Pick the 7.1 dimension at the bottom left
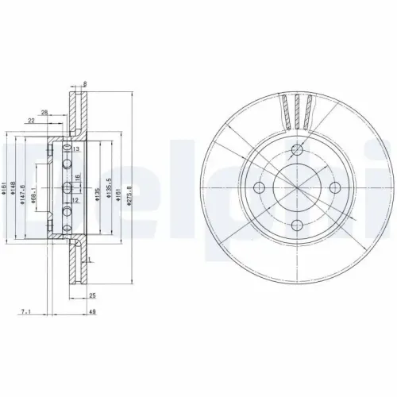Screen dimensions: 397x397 pyautogui.click(x=26, y=312)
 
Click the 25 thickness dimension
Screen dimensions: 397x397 pyautogui.click(x=93, y=295)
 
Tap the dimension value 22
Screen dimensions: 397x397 pyautogui.click(x=31, y=120)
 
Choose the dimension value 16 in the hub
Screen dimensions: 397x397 pyautogui.click(x=77, y=178)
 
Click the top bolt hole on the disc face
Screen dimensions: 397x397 pyautogui.click(x=297, y=151)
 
